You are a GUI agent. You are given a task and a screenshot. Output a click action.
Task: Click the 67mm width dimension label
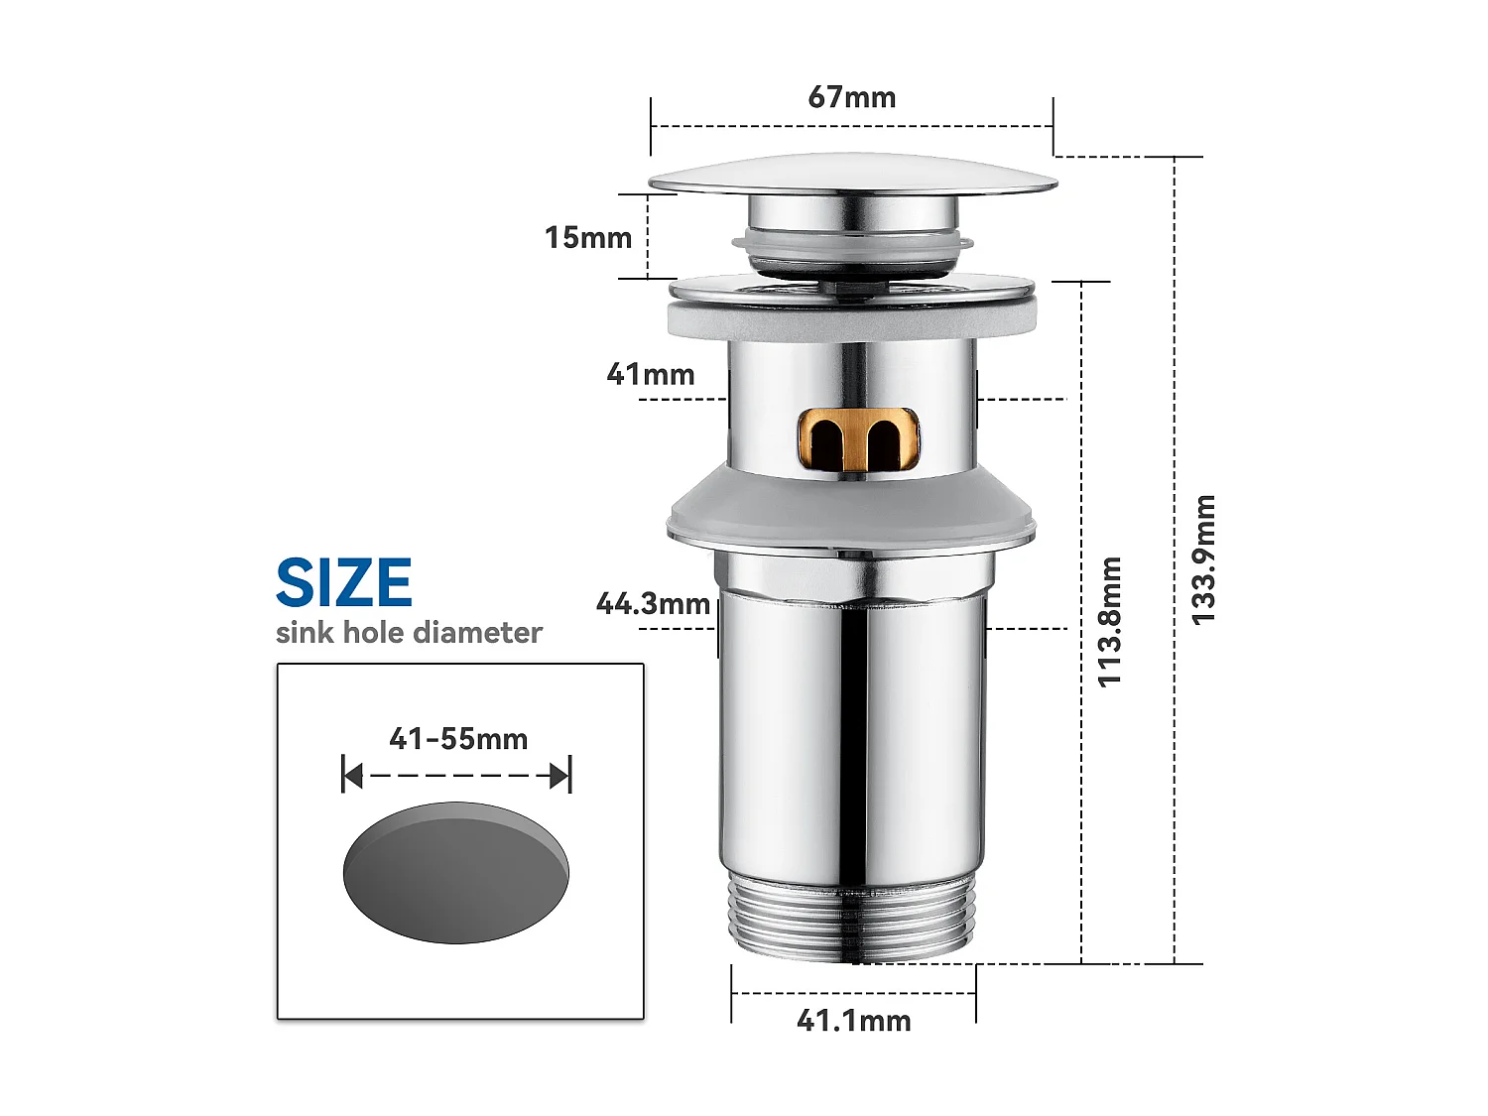click(x=851, y=97)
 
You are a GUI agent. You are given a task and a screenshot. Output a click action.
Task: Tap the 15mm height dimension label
click(x=588, y=238)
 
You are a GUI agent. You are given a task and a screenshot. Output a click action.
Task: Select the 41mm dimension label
click(x=651, y=375)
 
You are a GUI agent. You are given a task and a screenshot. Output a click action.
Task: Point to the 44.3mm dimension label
click(x=653, y=604)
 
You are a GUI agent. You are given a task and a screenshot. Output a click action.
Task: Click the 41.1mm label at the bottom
click(x=853, y=1021)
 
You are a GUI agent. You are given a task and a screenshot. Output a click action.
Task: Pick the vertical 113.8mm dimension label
click(x=1109, y=622)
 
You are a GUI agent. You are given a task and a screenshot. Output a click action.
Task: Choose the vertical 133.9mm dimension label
click(x=1202, y=560)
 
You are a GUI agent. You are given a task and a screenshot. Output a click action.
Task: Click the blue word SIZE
click(x=343, y=583)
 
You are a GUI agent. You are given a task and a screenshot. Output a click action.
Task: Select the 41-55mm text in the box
click(x=458, y=739)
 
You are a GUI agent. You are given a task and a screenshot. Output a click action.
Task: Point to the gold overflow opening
click(x=859, y=438)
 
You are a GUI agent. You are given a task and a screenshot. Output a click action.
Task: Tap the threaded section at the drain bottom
click(x=853, y=918)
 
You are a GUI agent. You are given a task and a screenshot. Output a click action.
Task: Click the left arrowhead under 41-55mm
click(x=352, y=776)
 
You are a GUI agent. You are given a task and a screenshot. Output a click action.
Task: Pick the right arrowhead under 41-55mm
click(x=560, y=776)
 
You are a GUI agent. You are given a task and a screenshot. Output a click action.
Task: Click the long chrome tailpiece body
click(x=853, y=734)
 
